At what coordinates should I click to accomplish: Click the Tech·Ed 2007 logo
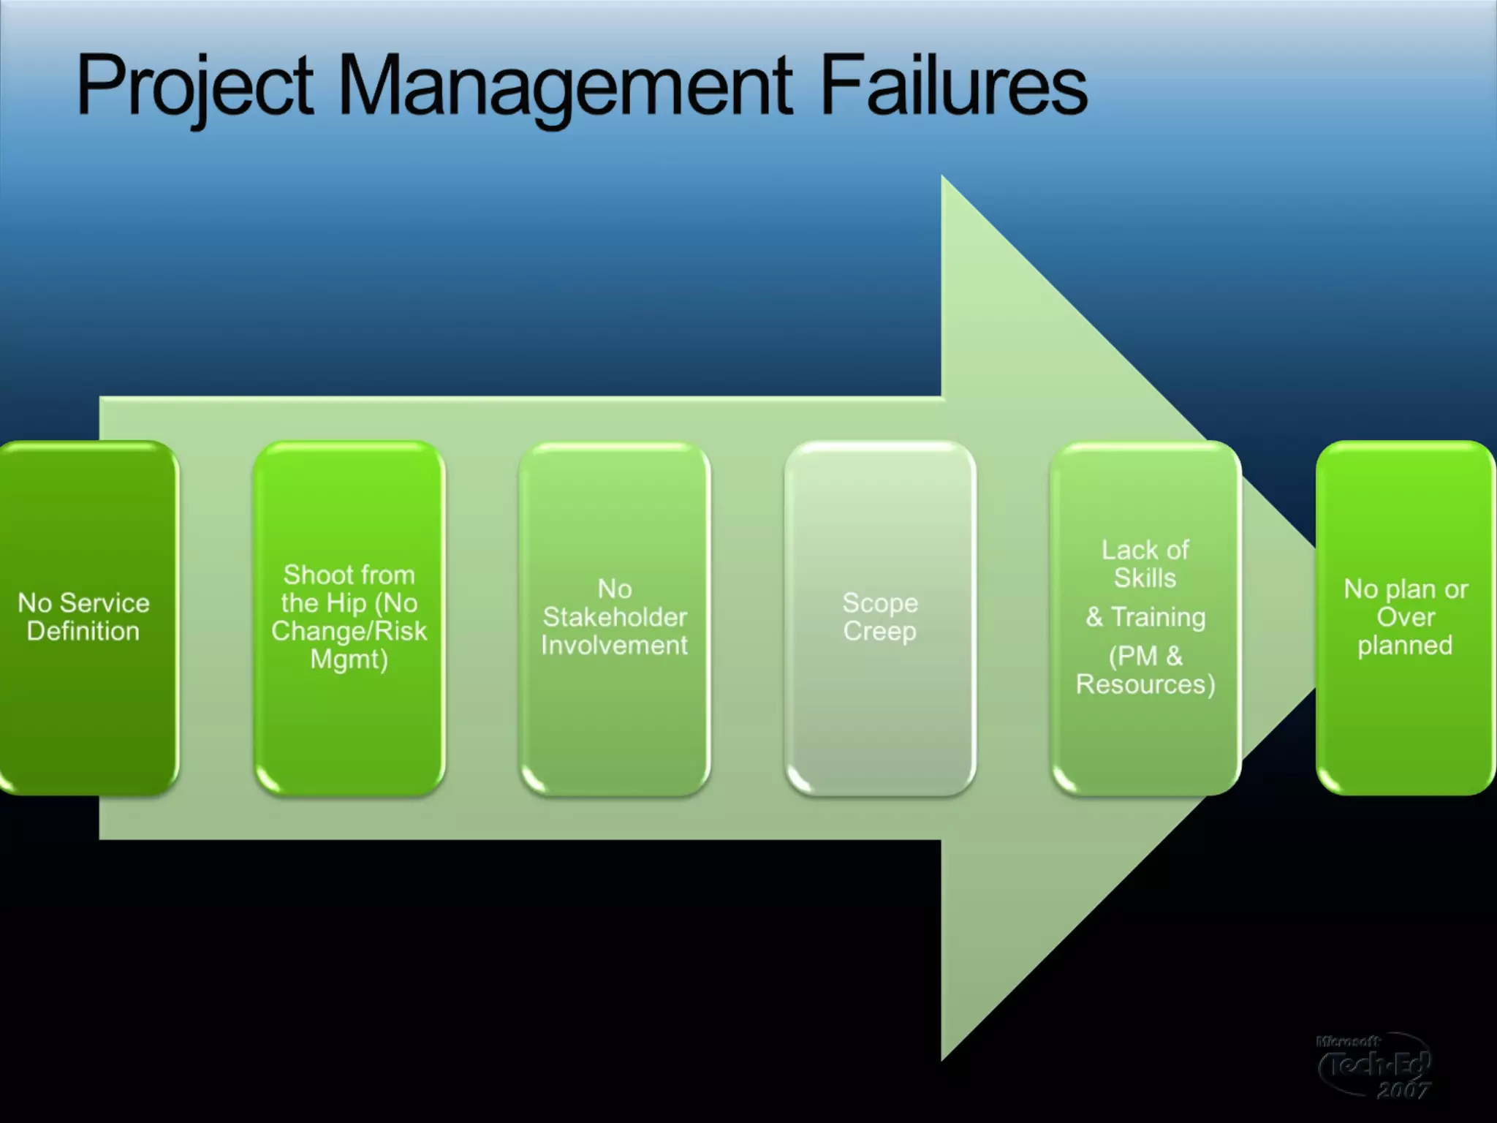(x=1374, y=1066)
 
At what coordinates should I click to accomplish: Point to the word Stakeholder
(x=615, y=617)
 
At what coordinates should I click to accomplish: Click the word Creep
(x=879, y=631)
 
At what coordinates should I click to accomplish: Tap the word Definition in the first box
(x=83, y=631)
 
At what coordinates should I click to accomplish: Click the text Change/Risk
(x=349, y=631)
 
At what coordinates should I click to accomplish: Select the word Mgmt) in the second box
(x=349, y=659)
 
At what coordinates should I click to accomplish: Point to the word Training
(x=1158, y=617)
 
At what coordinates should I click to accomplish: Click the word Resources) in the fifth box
(x=1145, y=684)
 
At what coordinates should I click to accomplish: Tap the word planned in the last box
(x=1405, y=646)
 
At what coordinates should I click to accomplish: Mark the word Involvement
(x=614, y=646)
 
